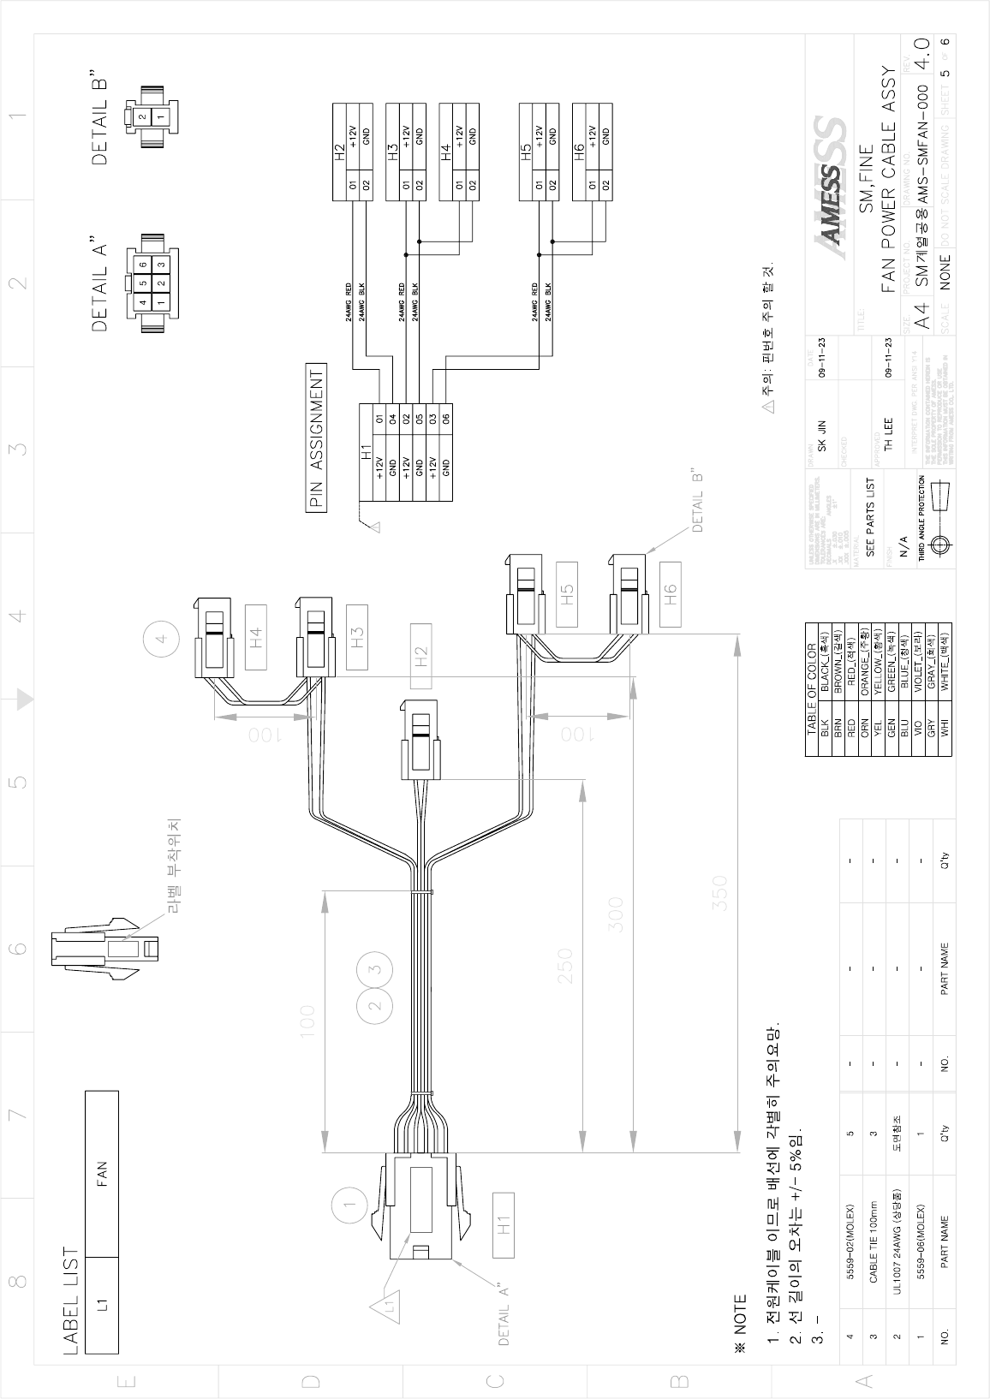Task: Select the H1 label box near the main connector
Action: (504, 1224)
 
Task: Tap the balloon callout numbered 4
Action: (160, 640)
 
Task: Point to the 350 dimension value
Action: (720, 893)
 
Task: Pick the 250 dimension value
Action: (565, 965)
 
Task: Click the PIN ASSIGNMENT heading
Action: (316, 438)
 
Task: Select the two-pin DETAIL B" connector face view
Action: (152, 116)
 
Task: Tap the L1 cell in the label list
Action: (102, 1305)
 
